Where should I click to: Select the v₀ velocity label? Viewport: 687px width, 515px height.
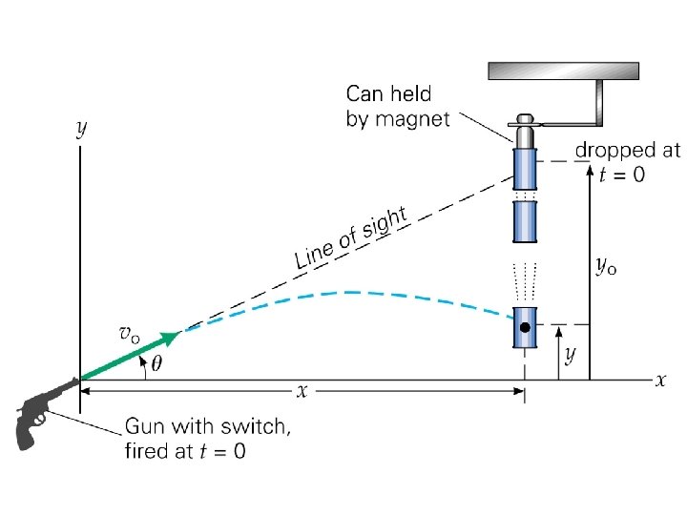129,334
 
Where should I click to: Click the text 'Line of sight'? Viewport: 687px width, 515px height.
350,237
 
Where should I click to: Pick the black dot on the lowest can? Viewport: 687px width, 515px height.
525,328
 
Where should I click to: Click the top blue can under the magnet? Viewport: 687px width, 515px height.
525,169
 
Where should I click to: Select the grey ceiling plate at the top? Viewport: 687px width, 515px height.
562,71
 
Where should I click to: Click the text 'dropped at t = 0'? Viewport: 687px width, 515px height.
627,161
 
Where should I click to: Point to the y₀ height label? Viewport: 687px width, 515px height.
606,266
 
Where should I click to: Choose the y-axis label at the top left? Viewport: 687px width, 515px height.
81,129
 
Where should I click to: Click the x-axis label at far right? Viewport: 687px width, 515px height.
660,380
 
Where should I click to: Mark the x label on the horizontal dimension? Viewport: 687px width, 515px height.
302,390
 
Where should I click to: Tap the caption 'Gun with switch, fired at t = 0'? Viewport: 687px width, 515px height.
207,438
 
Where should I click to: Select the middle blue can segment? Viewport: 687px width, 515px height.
525,220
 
